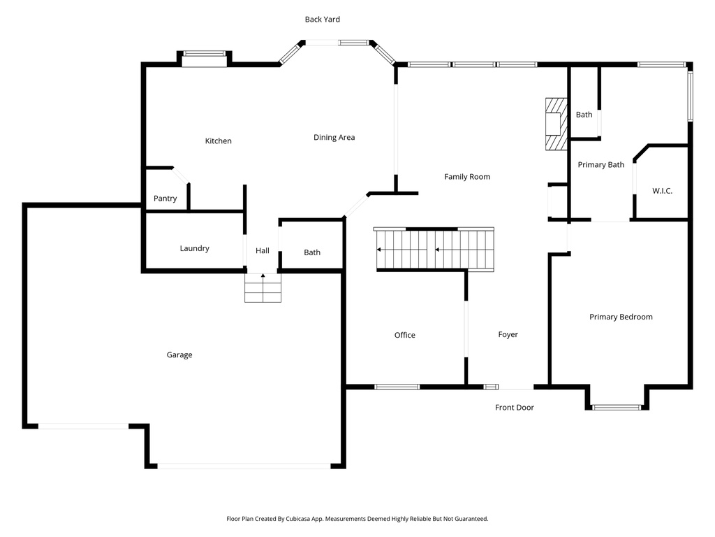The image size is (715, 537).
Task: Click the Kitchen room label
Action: (218, 141)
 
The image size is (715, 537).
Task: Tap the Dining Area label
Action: (334, 138)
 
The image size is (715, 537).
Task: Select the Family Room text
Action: (467, 177)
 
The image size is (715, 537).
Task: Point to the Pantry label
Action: (165, 199)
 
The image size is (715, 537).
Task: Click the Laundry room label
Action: (194, 248)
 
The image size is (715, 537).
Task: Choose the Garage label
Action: (179, 355)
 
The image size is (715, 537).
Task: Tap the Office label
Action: (405, 336)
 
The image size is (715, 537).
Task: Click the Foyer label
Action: (508, 335)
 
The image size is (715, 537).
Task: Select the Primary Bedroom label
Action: (621, 317)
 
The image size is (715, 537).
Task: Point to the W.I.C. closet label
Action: (662, 191)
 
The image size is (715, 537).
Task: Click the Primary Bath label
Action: (600, 165)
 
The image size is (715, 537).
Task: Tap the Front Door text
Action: (515, 408)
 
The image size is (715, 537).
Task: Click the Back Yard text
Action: (323, 20)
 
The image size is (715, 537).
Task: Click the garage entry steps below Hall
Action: (263, 287)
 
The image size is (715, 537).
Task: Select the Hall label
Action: (263, 251)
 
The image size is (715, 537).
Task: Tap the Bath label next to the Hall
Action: (312, 252)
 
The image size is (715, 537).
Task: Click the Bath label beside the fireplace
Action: (584, 115)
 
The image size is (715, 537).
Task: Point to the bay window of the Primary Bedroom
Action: (617, 406)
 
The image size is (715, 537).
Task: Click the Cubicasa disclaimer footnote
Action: (357, 519)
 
